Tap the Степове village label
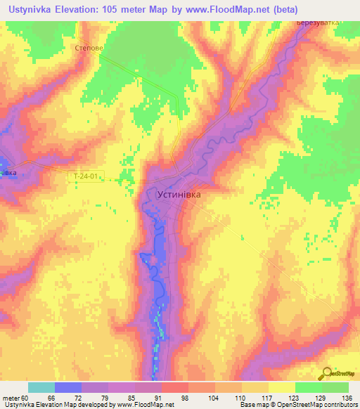click(89, 48)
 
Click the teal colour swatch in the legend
click(41, 387)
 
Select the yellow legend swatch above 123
click(282, 387)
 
